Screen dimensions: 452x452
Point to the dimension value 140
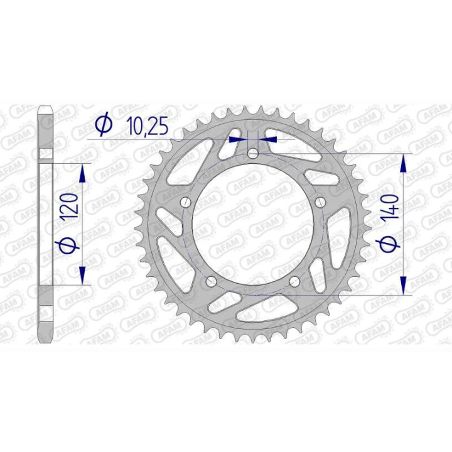(x=391, y=207)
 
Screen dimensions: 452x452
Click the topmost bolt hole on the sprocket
(x=252, y=153)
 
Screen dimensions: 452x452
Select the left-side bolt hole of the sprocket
(x=185, y=202)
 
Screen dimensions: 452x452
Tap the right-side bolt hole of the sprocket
(x=320, y=202)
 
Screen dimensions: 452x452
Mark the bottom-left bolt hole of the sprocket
(x=211, y=282)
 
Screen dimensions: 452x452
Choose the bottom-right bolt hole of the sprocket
(x=294, y=282)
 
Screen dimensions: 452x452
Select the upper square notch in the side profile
(x=45, y=154)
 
